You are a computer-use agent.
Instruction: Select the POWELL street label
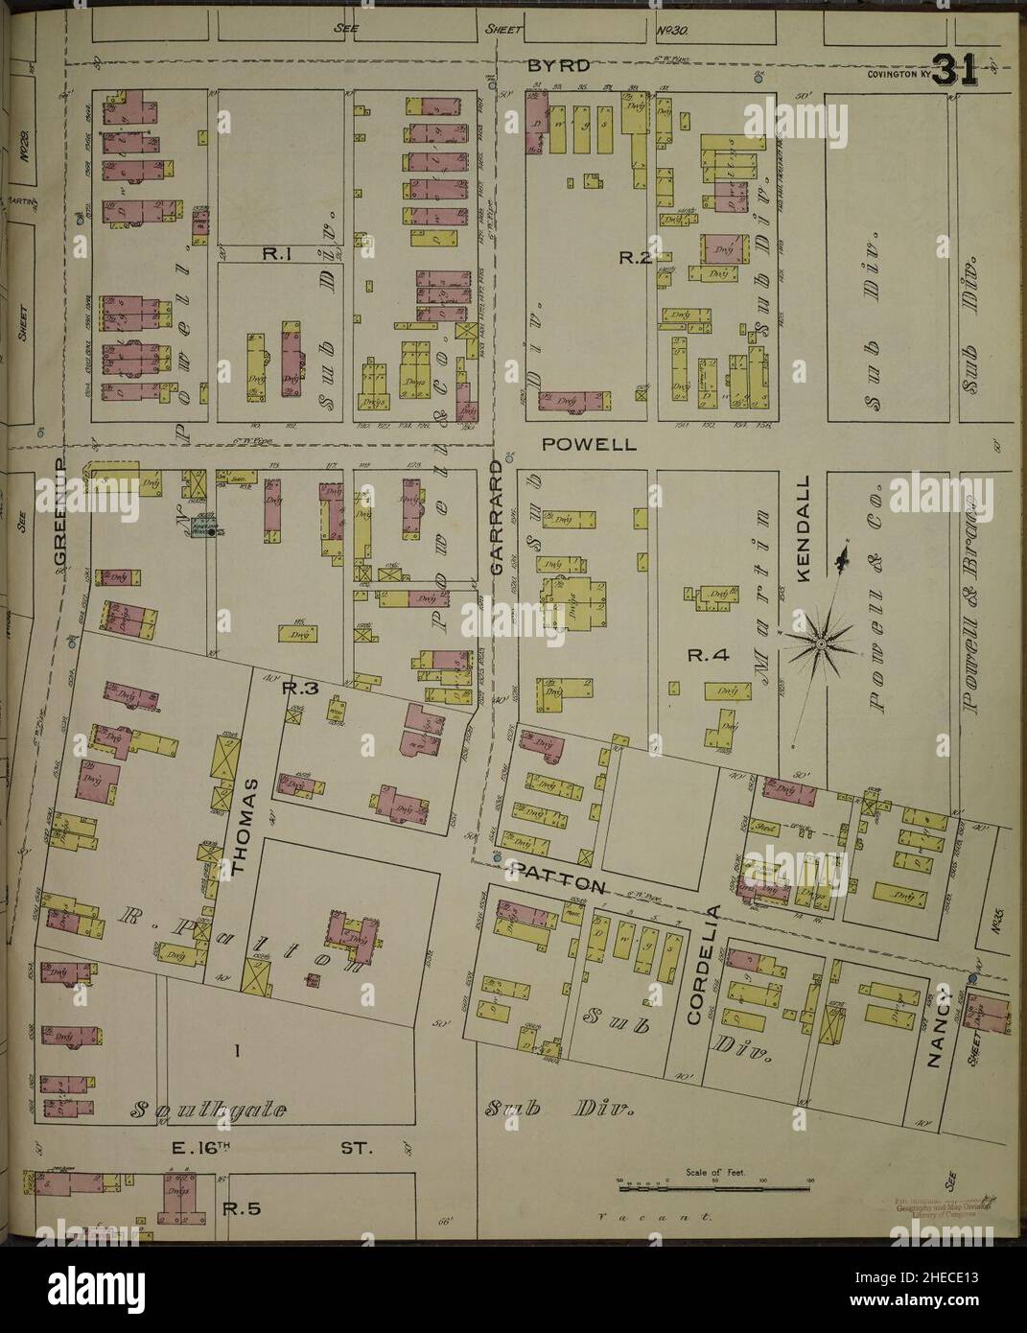575,445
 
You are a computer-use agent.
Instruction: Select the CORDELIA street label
706,963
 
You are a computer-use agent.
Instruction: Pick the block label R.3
292,689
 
